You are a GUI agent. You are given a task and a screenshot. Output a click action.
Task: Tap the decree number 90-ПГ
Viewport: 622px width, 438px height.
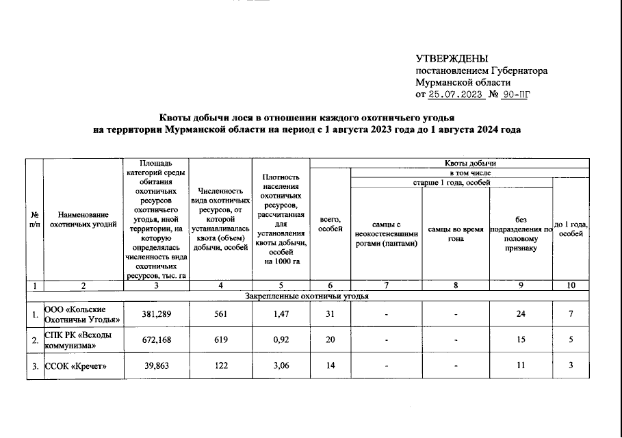pyautogui.click(x=515, y=95)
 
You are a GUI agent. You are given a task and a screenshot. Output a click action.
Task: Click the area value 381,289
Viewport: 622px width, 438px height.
pyautogui.click(x=155, y=315)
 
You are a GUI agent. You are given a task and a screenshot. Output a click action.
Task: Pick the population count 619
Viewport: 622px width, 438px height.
pyautogui.click(x=220, y=340)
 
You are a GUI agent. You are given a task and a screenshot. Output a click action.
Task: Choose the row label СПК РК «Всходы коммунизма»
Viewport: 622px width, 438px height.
pyautogui.click(x=77, y=340)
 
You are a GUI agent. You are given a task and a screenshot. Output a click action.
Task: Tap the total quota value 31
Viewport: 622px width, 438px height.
pyautogui.click(x=330, y=315)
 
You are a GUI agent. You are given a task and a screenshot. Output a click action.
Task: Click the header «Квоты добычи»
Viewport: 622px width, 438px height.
pyautogui.click(x=468, y=164)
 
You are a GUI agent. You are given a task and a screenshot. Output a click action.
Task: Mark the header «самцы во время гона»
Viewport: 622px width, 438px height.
pyautogui.click(x=455, y=233)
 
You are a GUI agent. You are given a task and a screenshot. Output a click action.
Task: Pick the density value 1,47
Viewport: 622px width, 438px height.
pyautogui.click(x=281, y=315)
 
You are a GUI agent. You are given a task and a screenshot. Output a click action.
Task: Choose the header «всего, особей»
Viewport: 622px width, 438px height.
pyautogui.click(x=330, y=224)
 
